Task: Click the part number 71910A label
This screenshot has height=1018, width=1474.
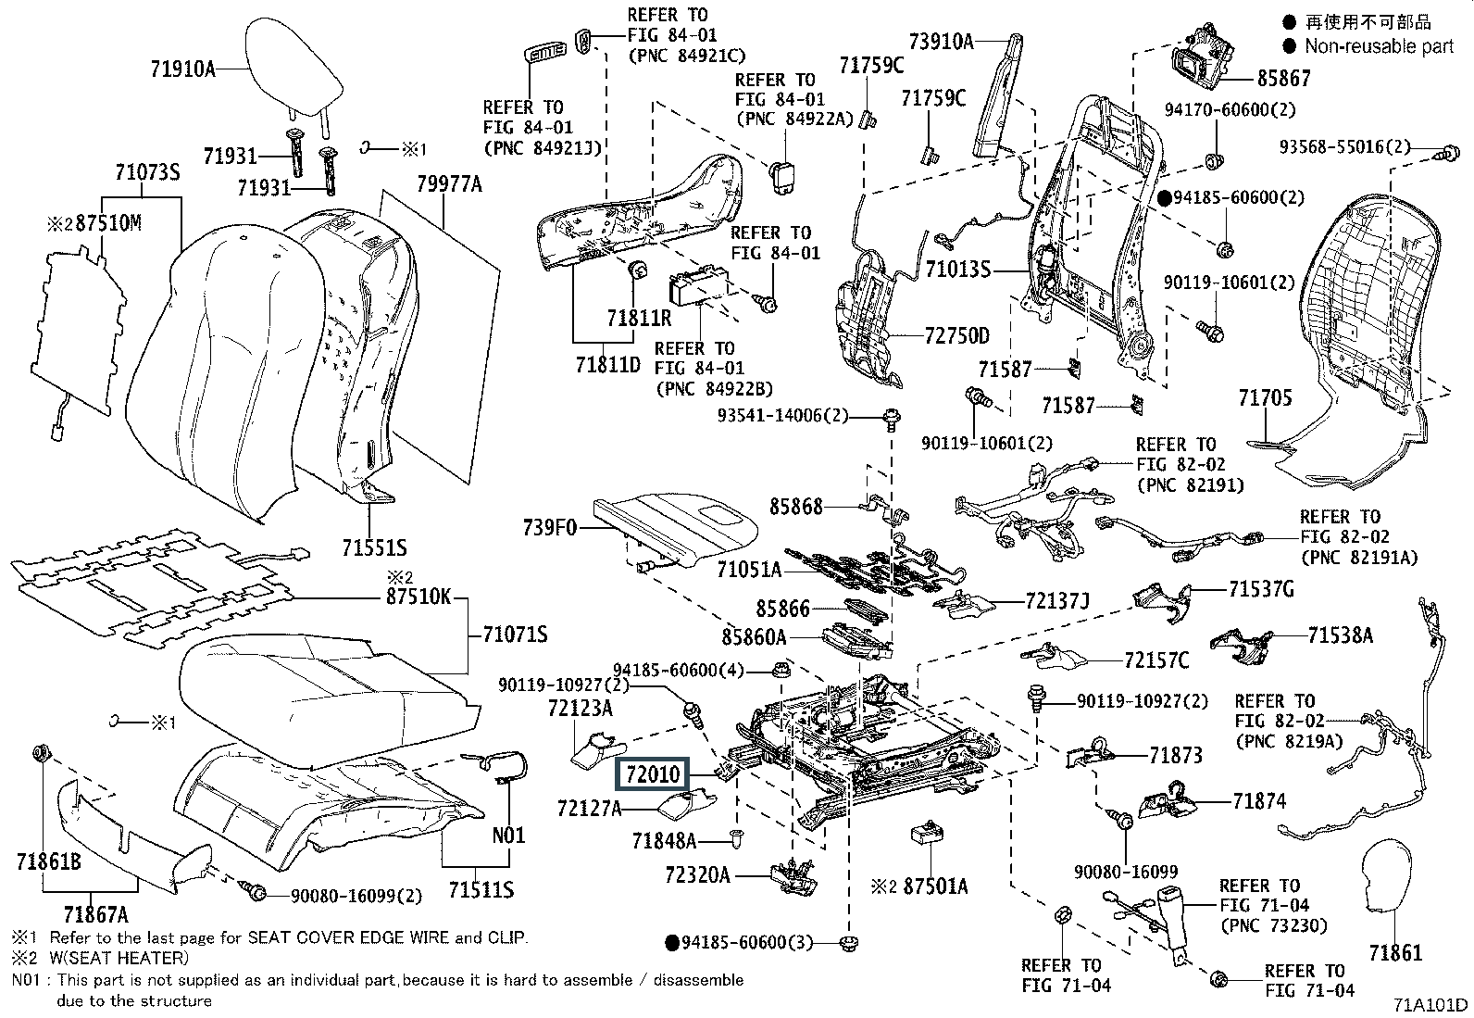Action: (x=182, y=68)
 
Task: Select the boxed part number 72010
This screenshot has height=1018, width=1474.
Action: (x=654, y=774)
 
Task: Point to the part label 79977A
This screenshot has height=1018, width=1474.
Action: (x=449, y=184)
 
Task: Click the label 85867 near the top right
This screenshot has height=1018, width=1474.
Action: (x=1283, y=79)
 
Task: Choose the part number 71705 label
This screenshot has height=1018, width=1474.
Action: (x=1265, y=399)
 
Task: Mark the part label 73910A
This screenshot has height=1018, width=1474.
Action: (x=941, y=41)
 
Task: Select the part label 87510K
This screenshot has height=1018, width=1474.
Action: (x=418, y=597)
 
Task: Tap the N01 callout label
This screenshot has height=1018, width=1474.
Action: (x=508, y=835)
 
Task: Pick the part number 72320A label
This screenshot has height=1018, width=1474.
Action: (x=697, y=874)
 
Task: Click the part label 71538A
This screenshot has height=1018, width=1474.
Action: (x=1340, y=635)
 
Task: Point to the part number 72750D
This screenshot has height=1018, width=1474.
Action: (x=956, y=335)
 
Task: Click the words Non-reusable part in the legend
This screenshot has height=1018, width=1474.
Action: (x=1379, y=46)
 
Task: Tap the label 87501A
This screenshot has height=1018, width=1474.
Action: (x=935, y=886)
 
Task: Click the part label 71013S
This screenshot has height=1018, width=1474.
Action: (x=958, y=270)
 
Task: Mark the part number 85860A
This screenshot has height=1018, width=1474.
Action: (x=754, y=637)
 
